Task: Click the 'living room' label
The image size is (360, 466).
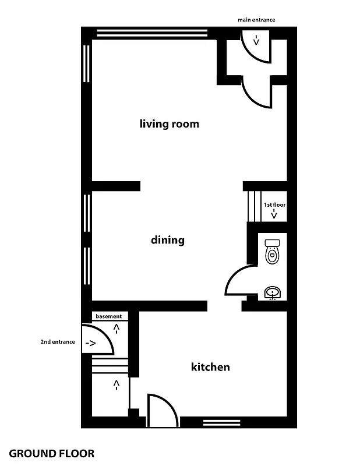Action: click(x=169, y=123)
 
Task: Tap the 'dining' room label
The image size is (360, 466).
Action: click(x=167, y=240)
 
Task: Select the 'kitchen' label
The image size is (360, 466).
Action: click(x=210, y=367)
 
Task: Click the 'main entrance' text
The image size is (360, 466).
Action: click(x=256, y=20)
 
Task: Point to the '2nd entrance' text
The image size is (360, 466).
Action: click(x=57, y=342)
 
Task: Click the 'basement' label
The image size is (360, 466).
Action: click(x=108, y=316)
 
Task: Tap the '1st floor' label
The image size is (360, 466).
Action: click(x=274, y=205)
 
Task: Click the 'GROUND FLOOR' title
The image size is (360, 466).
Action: click(x=52, y=453)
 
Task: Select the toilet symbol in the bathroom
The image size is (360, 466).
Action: click(x=272, y=252)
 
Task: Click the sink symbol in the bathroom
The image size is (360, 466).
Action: click(x=272, y=292)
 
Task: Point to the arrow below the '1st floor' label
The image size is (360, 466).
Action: click(x=274, y=215)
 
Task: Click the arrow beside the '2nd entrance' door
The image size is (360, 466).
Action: click(x=90, y=344)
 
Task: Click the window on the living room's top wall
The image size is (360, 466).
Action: click(x=152, y=33)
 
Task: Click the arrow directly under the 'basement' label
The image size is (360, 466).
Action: click(x=117, y=329)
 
